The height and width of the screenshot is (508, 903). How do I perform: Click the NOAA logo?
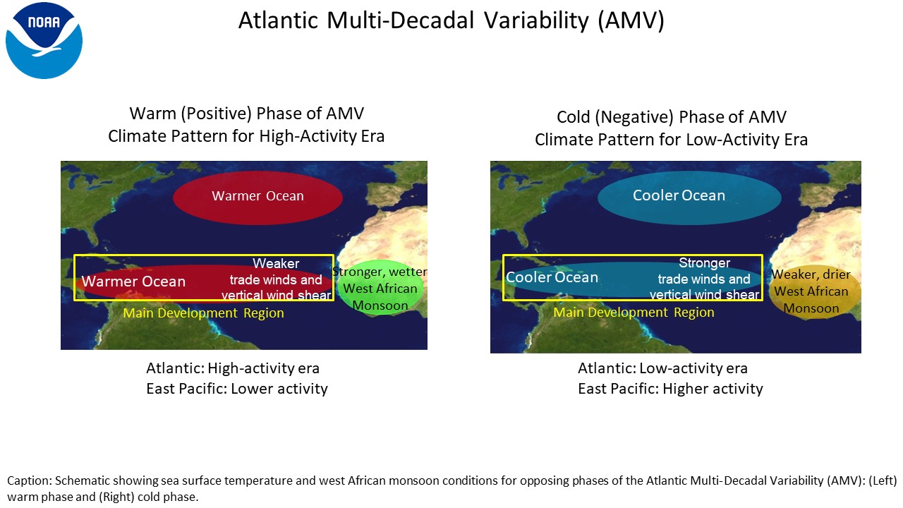[44, 40]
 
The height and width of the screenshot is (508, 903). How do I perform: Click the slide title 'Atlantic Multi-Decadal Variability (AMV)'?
[451, 20]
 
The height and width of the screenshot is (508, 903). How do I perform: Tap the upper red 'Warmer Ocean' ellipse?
[258, 198]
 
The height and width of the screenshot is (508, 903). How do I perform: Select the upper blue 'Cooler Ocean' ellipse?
[689, 198]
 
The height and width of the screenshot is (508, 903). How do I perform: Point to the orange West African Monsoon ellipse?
[814, 291]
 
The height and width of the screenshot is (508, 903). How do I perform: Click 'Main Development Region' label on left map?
[204, 313]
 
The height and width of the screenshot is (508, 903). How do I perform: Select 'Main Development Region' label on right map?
[634, 312]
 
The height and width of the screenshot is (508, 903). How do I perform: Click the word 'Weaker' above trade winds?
[276, 263]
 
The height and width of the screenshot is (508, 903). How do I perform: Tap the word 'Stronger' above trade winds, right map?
[704, 262]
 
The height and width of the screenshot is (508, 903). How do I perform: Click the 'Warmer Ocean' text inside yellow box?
[133, 282]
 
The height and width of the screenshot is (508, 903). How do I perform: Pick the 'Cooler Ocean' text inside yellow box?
[552, 277]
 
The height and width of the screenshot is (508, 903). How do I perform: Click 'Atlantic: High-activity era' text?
[233, 368]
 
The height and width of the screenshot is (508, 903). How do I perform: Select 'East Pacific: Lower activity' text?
[236, 389]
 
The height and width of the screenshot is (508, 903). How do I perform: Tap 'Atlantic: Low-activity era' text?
[662, 368]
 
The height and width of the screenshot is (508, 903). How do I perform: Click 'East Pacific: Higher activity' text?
[670, 389]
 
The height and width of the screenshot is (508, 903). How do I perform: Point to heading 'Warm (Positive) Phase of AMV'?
[247, 114]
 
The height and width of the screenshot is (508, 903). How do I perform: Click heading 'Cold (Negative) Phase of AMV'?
[672, 117]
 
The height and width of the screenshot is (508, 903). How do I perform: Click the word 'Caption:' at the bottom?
[30, 480]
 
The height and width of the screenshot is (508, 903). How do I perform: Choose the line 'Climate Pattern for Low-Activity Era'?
[671, 140]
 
